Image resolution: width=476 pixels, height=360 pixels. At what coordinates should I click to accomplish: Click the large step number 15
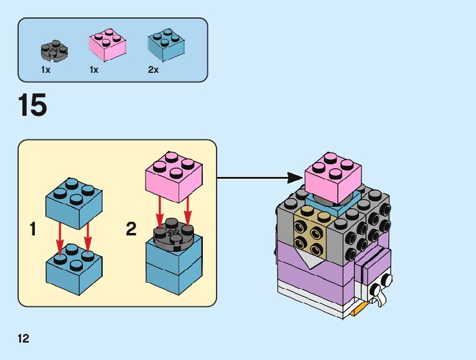click(x=33, y=105)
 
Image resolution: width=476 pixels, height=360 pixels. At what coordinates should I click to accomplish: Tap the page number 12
click(x=24, y=339)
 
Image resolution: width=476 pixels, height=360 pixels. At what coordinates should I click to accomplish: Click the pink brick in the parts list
click(x=108, y=45)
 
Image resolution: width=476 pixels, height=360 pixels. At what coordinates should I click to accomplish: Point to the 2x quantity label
click(x=154, y=70)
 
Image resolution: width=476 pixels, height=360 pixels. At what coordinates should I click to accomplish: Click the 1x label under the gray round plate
click(x=45, y=70)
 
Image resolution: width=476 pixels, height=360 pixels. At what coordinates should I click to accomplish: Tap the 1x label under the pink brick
click(x=94, y=70)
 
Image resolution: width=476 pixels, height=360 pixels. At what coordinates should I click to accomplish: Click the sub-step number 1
click(x=32, y=230)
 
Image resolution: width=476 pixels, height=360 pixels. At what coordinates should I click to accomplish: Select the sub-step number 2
click(x=131, y=230)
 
